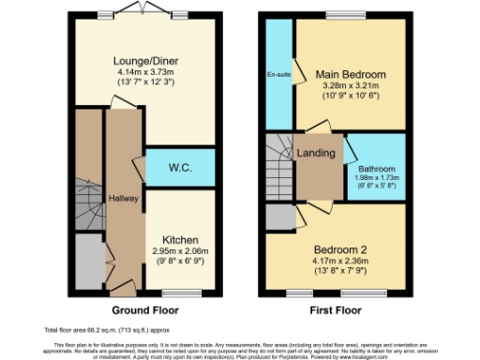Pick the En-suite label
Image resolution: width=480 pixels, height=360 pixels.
click(277, 74)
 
